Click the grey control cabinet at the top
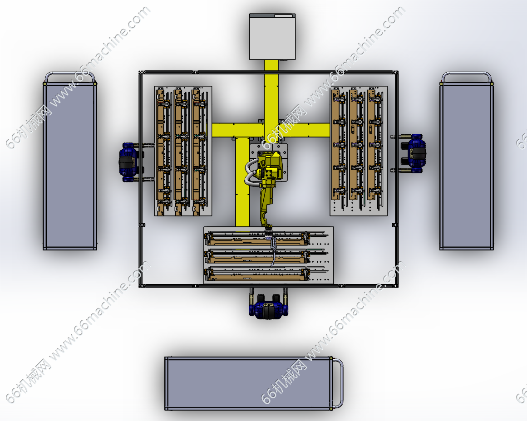click(x=272, y=37)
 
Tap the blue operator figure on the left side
click(x=129, y=162)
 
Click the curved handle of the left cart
click(x=70, y=73)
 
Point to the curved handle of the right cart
click(x=467, y=73)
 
